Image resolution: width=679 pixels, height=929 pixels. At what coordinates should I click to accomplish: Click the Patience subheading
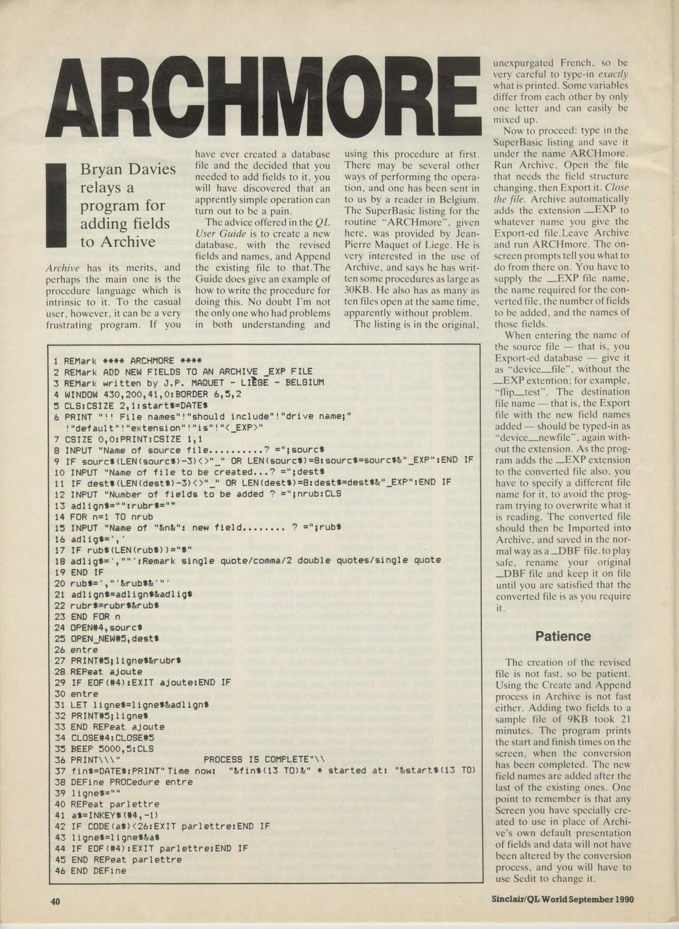tap(563, 636)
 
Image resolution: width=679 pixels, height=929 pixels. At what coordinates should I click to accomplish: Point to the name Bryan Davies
tap(128, 169)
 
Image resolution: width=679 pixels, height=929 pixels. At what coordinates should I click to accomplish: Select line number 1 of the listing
tap(56, 361)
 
